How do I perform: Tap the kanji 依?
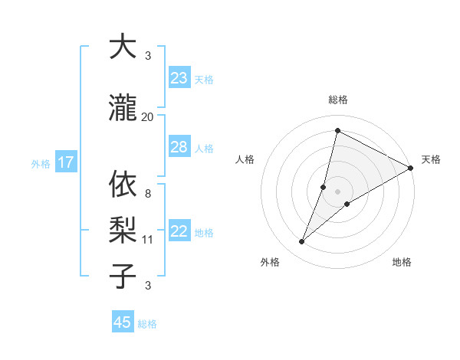(123, 184)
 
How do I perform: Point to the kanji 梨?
(123, 230)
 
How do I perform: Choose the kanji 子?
(123, 276)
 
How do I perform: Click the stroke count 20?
(148, 117)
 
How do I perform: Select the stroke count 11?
(148, 240)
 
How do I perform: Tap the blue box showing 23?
(179, 78)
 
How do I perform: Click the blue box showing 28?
(179, 147)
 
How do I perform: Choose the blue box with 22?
(179, 231)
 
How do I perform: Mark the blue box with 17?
(65, 162)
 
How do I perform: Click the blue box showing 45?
(123, 322)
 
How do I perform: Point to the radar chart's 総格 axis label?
(337, 100)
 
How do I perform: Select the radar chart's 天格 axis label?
(431, 159)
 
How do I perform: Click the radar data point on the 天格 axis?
(410, 168)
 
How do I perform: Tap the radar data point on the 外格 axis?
(302, 242)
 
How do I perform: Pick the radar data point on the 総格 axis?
(337, 131)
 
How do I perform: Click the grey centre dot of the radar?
(337, 191)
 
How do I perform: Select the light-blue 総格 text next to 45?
(147, 324)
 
